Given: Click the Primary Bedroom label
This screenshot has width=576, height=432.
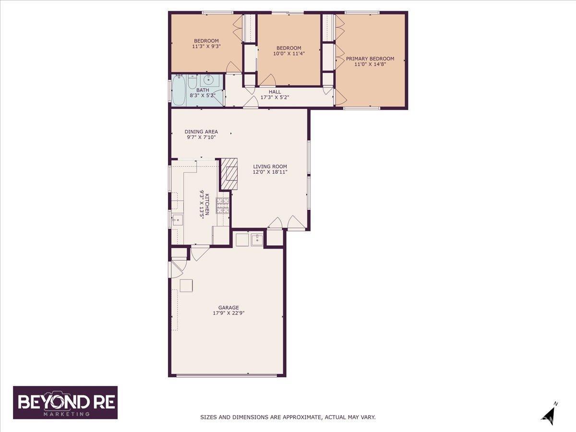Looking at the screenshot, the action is pyautogui.click(x=370, y=59).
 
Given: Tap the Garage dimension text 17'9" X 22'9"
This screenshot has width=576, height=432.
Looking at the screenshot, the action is pyautogui.click(x=228, y=313).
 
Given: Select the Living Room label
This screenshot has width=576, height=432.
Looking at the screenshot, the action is pyautogui.click(x=270, y=166).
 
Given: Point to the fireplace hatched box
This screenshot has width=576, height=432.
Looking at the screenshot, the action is pyautogui.click(x=229, y=174).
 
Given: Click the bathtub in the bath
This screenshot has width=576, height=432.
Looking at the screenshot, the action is pyautogui.click(x=179, y=90).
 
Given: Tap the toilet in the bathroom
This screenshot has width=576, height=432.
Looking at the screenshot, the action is pyautogui.click(x=192, y=81).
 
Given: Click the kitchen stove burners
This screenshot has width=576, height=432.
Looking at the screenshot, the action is pyautogui.click(x=223, y=205).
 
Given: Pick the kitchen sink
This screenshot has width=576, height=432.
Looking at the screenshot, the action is pyautogui.click(x=178, y=220).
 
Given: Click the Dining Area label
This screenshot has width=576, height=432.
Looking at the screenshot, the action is pyautogui.click(x=201, y=132).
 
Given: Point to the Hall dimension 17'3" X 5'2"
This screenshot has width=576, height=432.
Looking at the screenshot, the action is pyautogui.click(x=275, y=97).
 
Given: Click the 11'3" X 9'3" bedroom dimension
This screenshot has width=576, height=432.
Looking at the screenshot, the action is pyautogui.click(x=206, y=47).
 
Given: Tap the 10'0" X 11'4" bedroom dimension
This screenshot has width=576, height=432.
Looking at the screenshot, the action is pyautogui.click(x=288, y=53).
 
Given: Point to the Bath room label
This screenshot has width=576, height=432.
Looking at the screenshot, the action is pyautogui.click(x=203, y=90).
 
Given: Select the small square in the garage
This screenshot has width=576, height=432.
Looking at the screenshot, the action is pyautogui.click(x=186, y=286).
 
